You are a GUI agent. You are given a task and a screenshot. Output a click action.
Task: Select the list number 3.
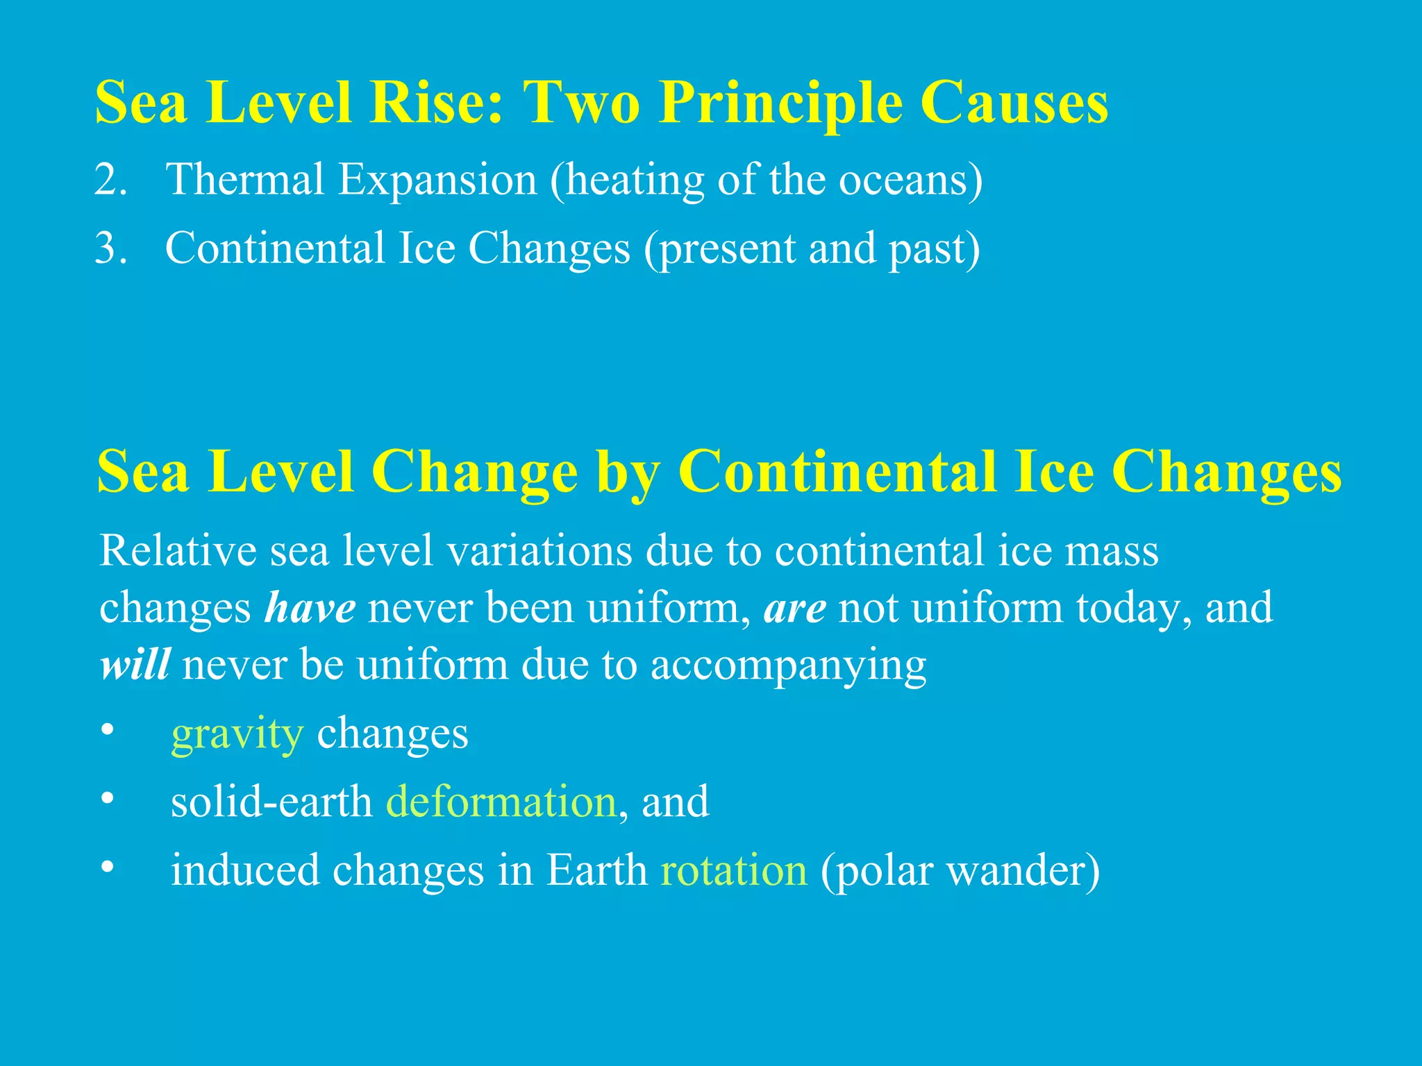pyautogui.click(x=111, y=248)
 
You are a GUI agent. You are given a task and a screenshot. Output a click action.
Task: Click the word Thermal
pyautogui.click(x=245, y=179)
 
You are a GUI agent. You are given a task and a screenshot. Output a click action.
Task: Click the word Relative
pyautogui.click(x=178, y=551)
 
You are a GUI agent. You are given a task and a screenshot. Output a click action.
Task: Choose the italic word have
pyautogui.click(x=310, y=608)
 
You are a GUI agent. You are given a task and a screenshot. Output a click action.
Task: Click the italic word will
pyautogui.click(x=135, y=665)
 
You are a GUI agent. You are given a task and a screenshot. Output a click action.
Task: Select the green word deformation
pyautogui.click(x=501, y=802)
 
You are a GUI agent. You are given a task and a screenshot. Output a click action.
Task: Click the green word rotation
pyautogui.click(x=733, y=870)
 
